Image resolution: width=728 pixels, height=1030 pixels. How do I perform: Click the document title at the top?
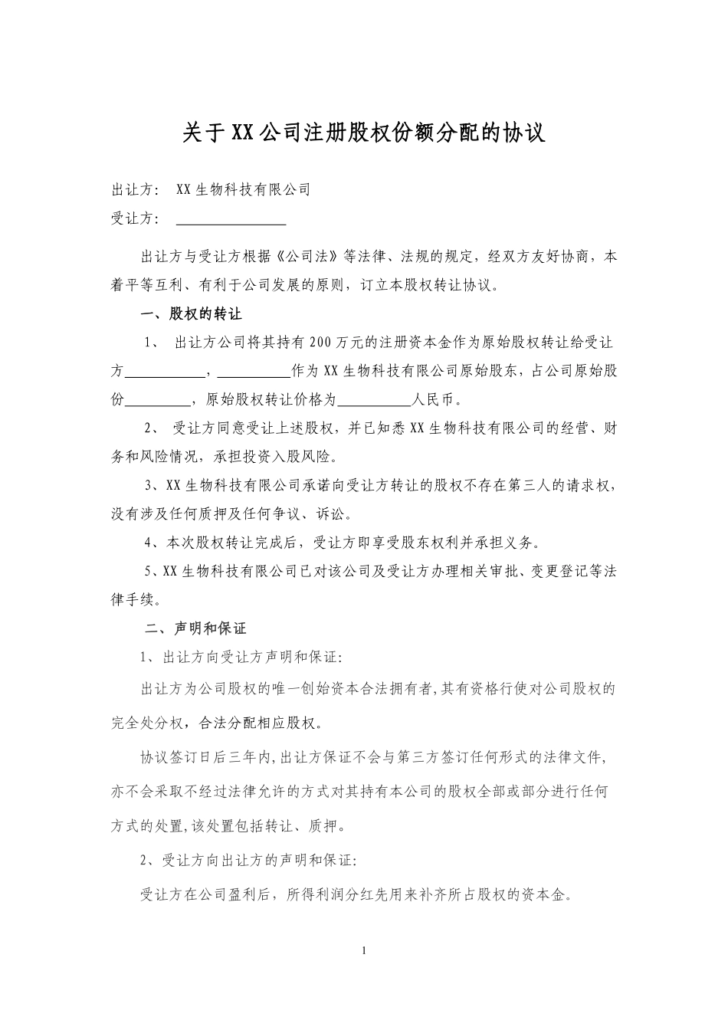[x=363, y=132]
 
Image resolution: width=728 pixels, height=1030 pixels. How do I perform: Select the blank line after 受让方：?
[x=231, y=219]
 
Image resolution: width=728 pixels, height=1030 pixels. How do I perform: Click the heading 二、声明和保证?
[x=196, y=628]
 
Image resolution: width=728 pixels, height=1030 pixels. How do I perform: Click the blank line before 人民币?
[x=374, y=400]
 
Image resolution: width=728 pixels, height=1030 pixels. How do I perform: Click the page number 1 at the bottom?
[x=364, y=951]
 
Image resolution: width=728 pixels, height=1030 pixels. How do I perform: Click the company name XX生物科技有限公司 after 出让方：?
[x=243, y=189]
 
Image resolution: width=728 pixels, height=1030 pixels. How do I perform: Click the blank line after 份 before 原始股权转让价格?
[x=157, y=400]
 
